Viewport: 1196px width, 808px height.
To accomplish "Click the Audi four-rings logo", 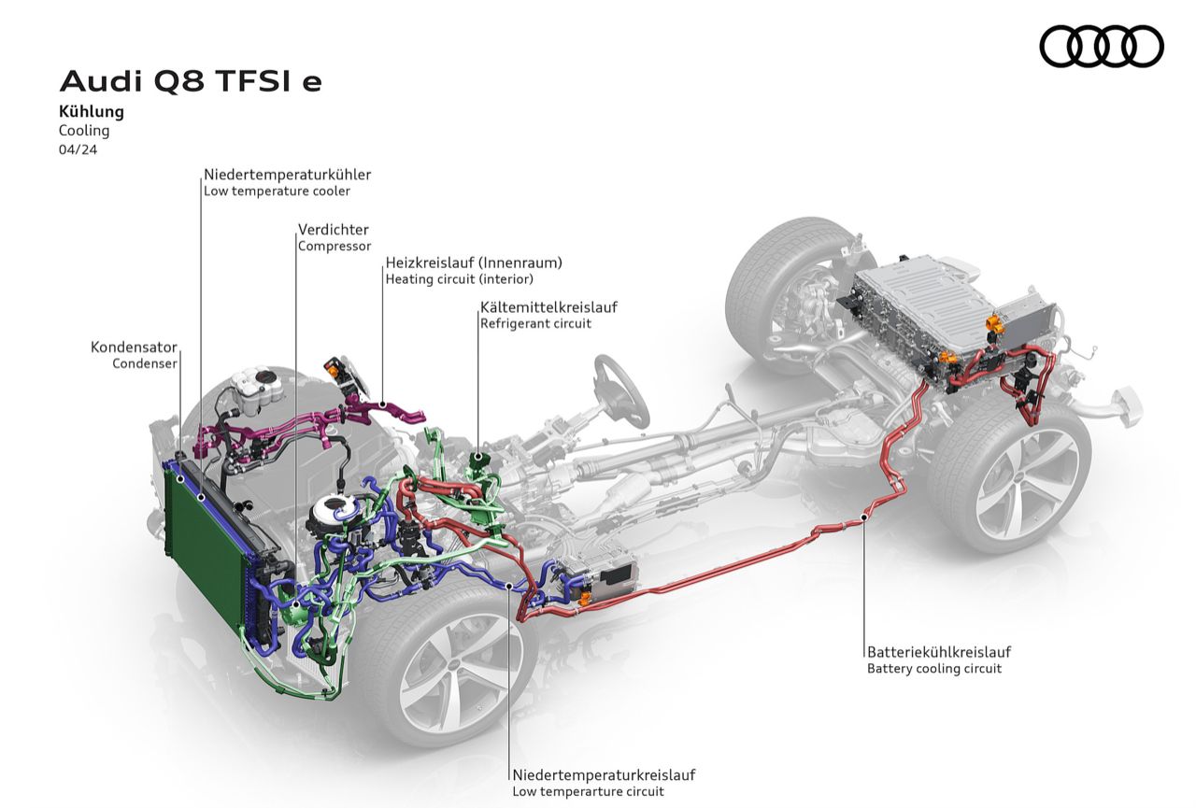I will pyautogui.click(x=1102, y=46).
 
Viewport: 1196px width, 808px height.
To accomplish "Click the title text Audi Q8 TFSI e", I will pyautogui.click(x=191, y=81).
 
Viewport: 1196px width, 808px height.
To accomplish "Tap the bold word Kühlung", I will pyautogui.click(x=92, y=112).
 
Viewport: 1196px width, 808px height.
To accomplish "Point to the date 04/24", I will pyautogui.click(x=78, y=149).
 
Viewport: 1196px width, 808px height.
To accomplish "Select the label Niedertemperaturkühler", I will pyautogui.click(x=287, y=175).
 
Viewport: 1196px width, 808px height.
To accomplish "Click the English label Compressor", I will pyautogui.click(x=334, y=247).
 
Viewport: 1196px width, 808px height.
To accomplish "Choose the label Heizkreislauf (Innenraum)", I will pyautogui.click(x=474, y=262).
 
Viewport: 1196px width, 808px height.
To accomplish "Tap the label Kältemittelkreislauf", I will pyautogui.click(x=548, y=306).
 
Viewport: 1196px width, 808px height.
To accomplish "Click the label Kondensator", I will pyautogui.click(x=134, y=347).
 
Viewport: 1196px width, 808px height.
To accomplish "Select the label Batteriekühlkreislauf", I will pyautogui.click(x=938, y=652).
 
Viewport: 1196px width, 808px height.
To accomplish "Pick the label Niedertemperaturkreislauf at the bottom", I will pyautogui.click(x=604, y=774).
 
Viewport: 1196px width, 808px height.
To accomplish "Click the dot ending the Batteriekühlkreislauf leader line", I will pyautogui.click(x=865, y=516).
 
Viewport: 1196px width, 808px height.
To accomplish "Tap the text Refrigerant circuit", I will pyautogui.click(x=535, y=324).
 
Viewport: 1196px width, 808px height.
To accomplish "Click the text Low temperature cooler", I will pyautogui.click(x=277, y=191).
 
